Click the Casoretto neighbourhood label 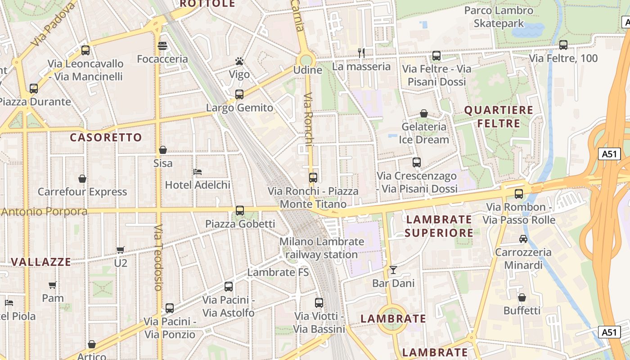(106, 137)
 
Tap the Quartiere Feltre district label (492, 117)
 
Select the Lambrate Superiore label (439, 226)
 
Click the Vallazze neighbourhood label (41, 262)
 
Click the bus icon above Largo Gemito (239, 94)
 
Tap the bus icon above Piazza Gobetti (240, 210)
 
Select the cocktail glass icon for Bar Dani (393, 270)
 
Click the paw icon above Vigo (239, 61)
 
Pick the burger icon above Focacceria (162, 46)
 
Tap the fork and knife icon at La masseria (361, 53)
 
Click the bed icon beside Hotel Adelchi (197, 171)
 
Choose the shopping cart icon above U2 (120, 250)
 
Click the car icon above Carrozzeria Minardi (523, 238)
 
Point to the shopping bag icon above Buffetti (522, 297)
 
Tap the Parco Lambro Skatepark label (499, 17)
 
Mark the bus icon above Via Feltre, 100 (563, 45)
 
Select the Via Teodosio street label (157, 257)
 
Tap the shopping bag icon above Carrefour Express (82, 179)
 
